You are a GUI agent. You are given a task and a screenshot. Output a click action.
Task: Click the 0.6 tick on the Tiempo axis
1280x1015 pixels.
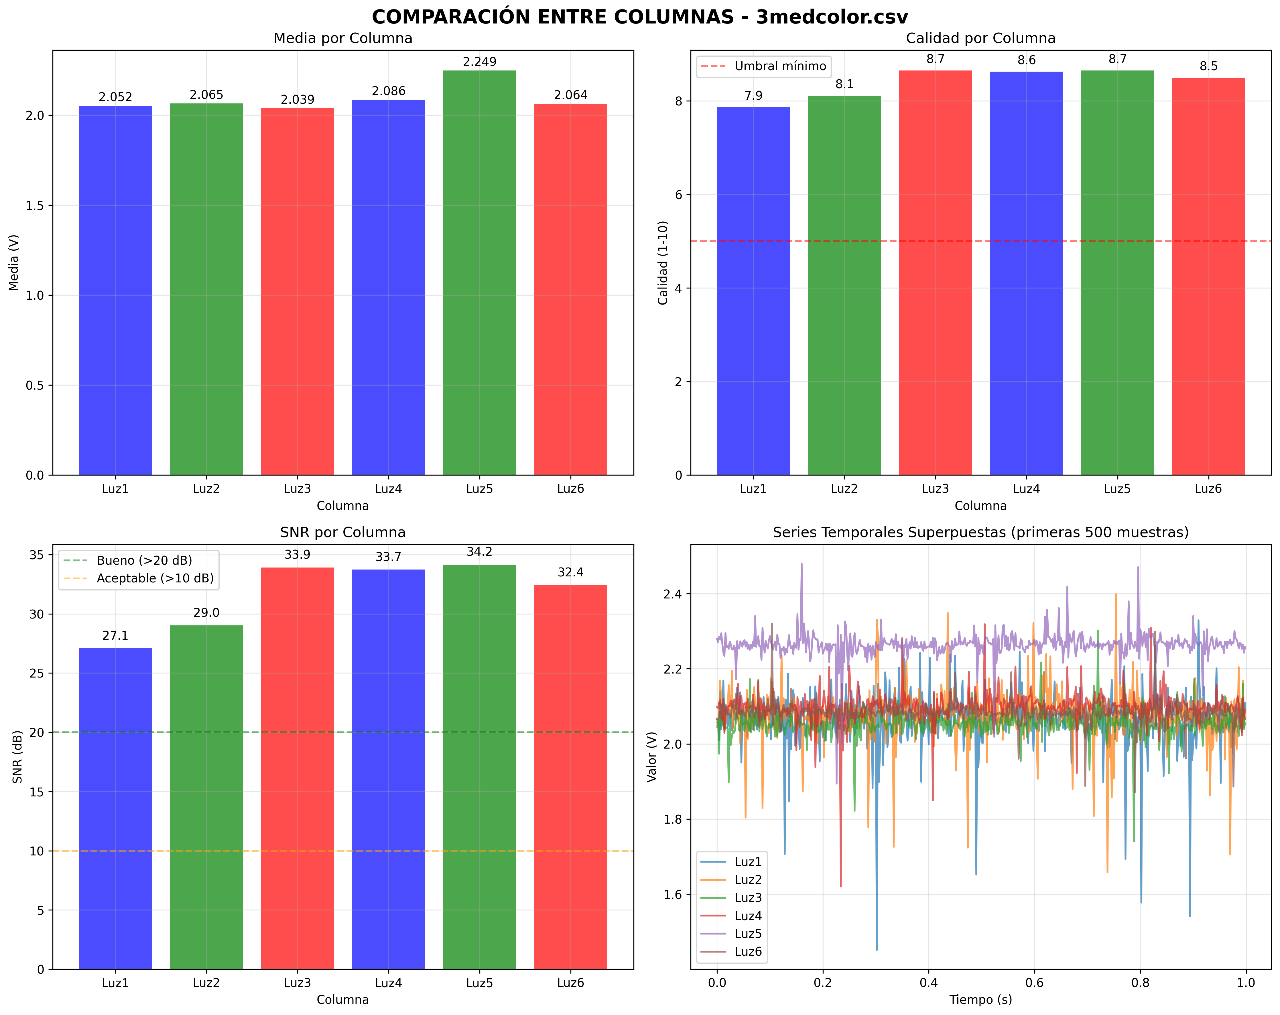[x=1034, y=983]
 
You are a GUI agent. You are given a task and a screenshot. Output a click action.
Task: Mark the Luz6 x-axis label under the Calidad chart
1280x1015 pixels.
[x=1208, y=489]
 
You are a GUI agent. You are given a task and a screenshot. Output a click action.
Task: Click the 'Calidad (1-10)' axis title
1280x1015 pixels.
[x=663, y=262]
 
